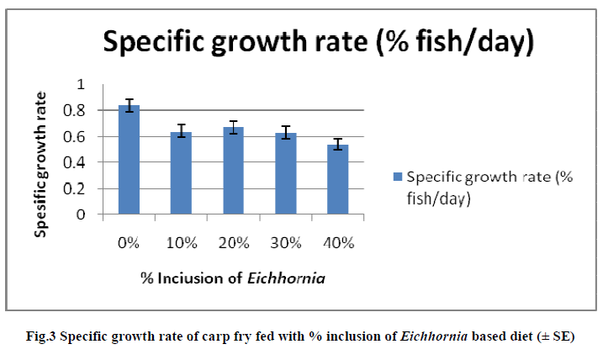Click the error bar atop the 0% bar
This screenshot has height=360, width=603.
129,105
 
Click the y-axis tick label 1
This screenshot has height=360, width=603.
81,84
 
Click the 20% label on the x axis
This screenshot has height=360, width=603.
233,243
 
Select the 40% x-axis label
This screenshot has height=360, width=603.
337,243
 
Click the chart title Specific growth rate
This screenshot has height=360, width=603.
318,42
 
